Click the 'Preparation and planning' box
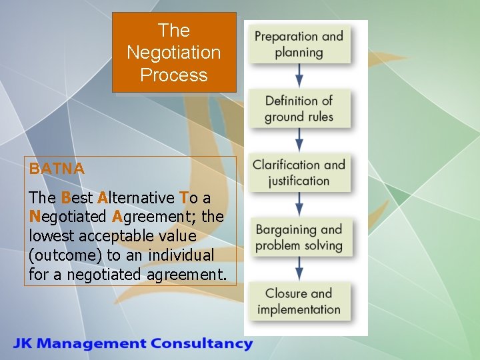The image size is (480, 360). coord(299,45)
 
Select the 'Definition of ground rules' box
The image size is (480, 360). coord(299,109)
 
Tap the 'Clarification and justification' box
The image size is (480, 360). coord(299,173)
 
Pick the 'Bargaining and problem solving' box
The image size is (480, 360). coord(299,237)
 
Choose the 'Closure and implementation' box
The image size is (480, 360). coord(299,301)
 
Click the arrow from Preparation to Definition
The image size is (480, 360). coord(299,75)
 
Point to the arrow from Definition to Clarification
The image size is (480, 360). coord(299,139)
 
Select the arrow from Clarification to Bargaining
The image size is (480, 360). coord(299,203)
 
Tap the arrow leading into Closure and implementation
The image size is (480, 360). coord(299,267)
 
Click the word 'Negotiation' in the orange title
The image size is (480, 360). coord(173,53)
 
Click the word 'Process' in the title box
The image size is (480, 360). coord(173,75)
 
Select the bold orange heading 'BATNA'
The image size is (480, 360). coord(57,169)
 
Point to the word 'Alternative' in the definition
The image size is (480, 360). coord(136,198)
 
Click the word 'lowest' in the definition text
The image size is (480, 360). coord(48,236)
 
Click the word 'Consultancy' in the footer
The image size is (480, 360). coord(201,344)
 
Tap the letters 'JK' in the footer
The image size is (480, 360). coord(23,344)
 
